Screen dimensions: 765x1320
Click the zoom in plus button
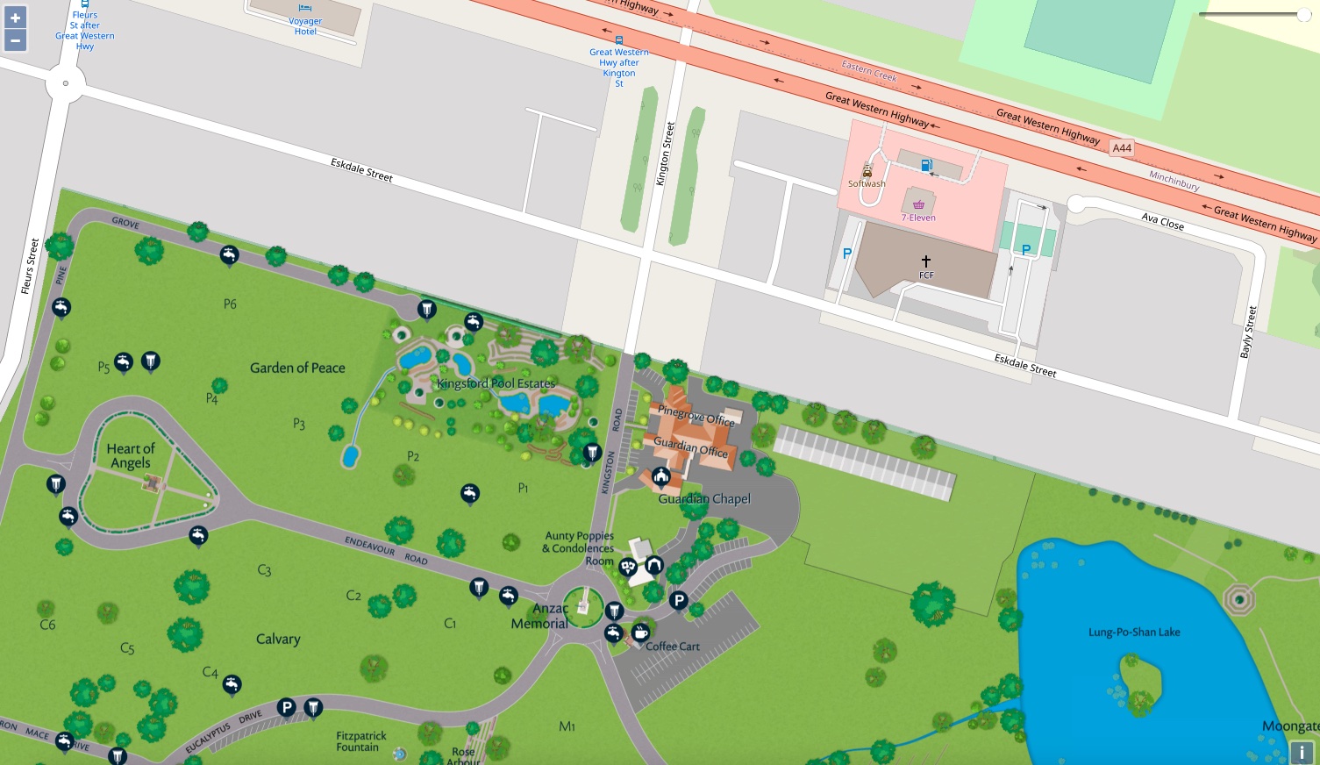point(15,18)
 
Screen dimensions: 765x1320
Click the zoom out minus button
point(15,40)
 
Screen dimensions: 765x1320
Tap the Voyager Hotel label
point(305,26)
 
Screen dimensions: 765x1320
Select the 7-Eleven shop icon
point(918,204)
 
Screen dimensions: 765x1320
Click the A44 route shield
point(1122,148)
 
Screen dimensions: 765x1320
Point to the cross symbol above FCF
point(925,261)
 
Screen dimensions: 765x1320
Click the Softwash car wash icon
point(867,172)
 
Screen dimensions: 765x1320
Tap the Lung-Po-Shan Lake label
point(1134,632)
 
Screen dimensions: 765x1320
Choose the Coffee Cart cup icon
point(640,632)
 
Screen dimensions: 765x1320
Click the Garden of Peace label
point(297,368)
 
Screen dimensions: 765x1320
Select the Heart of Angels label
point(131,455)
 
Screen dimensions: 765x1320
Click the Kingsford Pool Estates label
point(496,383)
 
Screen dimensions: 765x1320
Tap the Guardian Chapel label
point(704,498)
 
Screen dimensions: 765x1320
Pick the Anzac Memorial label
point(541,616)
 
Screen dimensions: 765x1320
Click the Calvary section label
point(278,639)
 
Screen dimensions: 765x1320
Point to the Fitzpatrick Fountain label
point(360,741)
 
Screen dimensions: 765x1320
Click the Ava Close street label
point(1163,221)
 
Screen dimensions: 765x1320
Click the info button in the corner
point(1302,752)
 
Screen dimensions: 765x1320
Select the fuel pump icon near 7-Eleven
point(926,165)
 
